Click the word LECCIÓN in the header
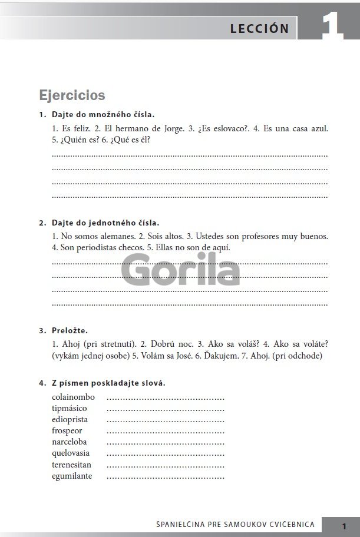259,28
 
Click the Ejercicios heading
72,95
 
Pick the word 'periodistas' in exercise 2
101,247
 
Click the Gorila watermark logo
180,271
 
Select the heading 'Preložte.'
74,330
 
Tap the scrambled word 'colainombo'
73,397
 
